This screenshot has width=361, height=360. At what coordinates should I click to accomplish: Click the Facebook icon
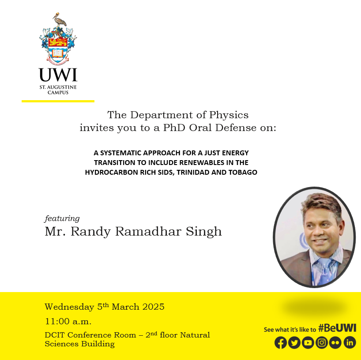tap(280, 342)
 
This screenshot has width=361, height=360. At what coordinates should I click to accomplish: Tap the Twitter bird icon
tap(294, 342)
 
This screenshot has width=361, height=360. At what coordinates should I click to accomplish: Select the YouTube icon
tap(308, 342)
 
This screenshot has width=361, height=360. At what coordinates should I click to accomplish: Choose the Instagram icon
tap(322, 342)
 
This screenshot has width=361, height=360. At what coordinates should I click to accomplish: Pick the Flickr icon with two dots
tap(335, 342)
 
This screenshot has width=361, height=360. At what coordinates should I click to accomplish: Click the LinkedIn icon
tap(350, 342)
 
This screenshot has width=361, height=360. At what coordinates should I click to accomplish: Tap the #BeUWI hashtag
tap(337, 328)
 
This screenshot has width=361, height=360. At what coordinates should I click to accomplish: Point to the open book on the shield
tap(57, 53)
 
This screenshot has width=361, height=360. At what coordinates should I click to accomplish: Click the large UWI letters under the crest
tap(58, 75)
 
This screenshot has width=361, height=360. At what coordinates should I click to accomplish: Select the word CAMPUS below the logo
tap(58, 93)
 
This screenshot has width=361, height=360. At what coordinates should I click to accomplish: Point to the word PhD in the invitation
tap(174, 128)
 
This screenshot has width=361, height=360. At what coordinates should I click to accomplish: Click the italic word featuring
tap(62, 218)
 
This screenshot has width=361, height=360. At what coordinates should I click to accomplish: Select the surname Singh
tap(204, 232)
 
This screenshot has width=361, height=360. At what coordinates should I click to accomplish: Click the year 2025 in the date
tap(153, 307)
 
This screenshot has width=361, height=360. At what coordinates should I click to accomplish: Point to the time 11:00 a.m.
tap(68, 321)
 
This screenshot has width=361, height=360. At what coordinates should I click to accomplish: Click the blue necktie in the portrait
tap(325, 272)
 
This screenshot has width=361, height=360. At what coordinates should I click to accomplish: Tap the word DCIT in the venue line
tap(55, 335)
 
